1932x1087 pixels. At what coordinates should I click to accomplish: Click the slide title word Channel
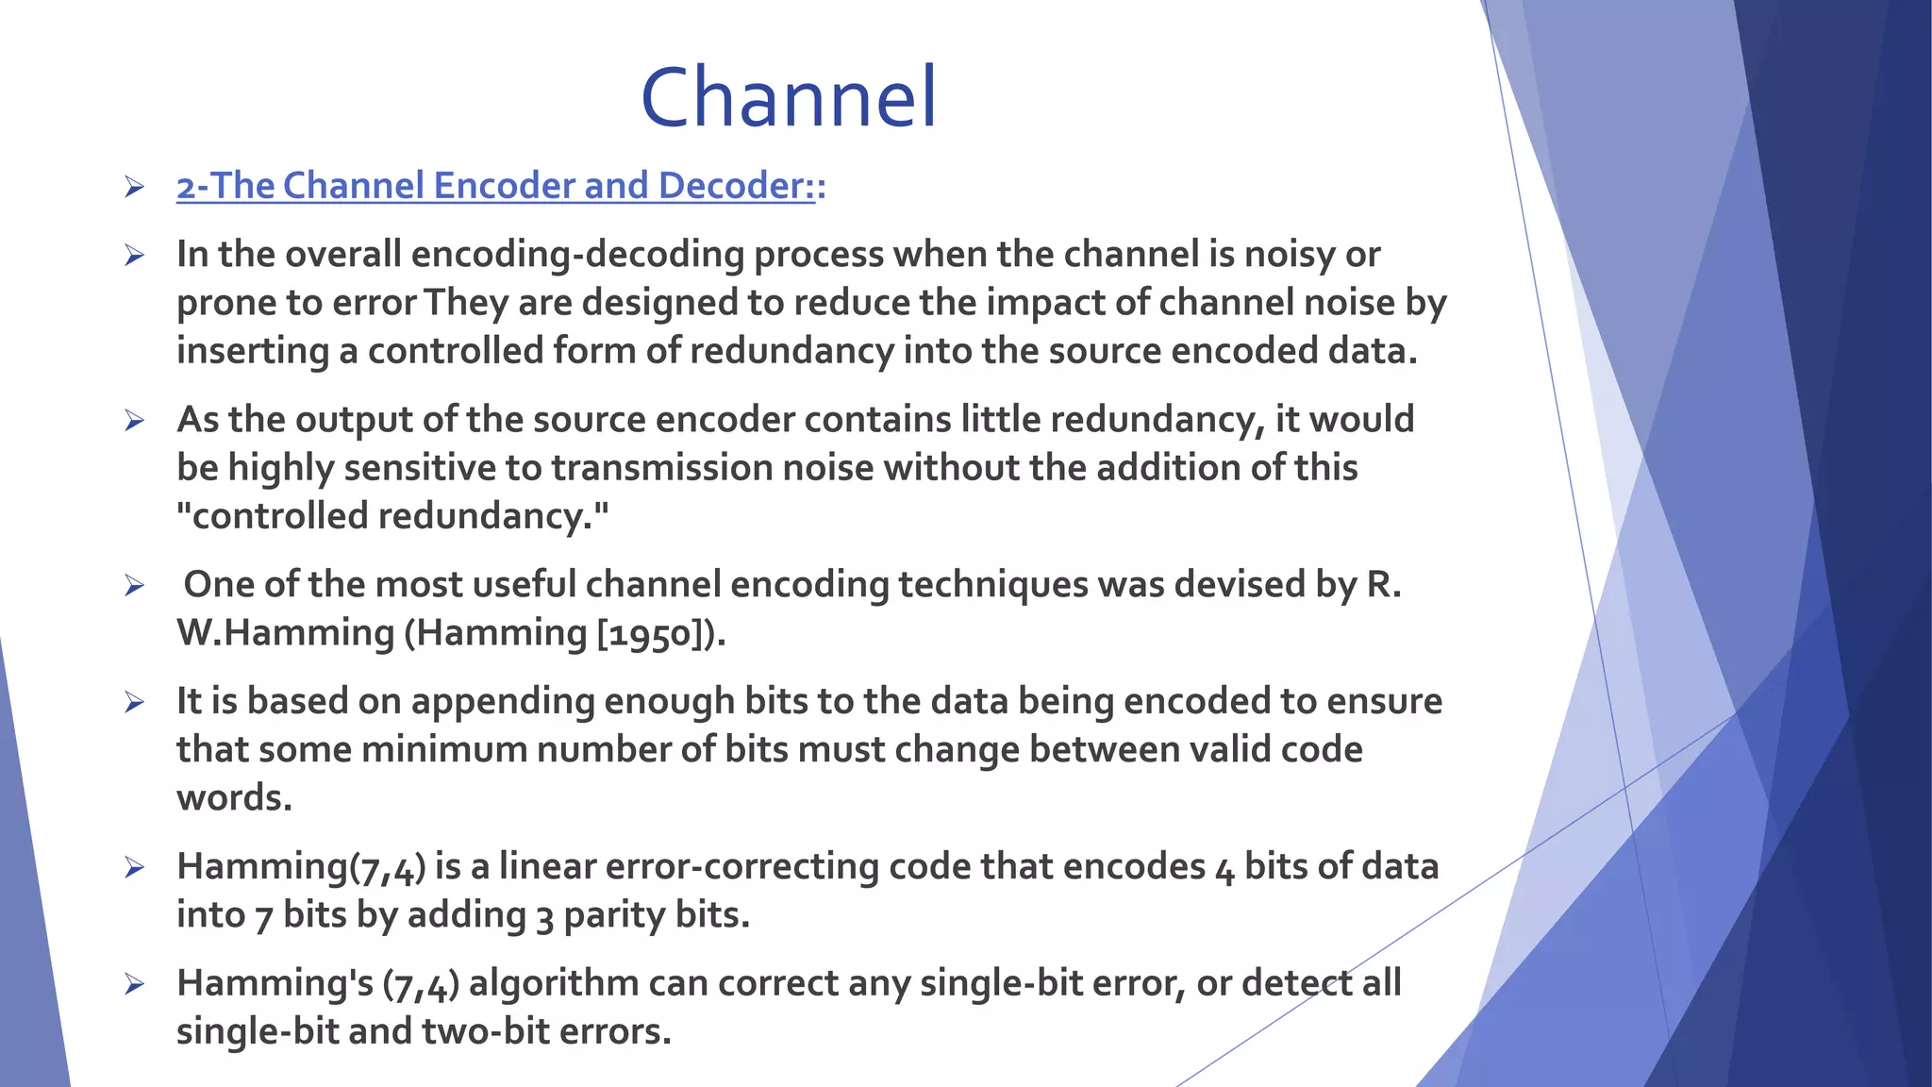click(x=789, y=98)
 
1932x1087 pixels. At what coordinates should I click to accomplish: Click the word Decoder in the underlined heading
click(x=736, y=186)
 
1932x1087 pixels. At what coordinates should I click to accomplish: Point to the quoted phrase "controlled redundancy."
click(x=392, y=516)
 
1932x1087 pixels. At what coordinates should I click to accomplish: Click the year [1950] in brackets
click(x=651, y=633)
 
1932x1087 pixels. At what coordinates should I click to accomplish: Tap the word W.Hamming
click(x=285, y=633)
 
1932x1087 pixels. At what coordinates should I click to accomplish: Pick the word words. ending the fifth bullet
click(x=234, y=798)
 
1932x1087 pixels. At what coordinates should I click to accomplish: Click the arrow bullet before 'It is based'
click(x=134, y=702)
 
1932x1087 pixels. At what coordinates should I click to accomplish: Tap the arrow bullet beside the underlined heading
click(x=134, y=187)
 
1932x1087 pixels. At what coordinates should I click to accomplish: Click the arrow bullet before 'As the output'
click(x=134, y=421)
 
